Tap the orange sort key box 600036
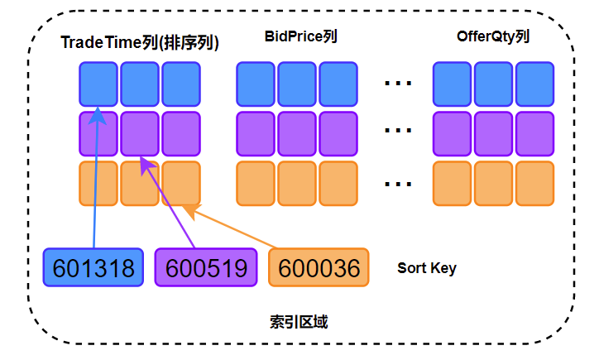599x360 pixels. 319,268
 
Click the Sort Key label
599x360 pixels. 426,268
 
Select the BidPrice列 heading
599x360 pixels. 300,37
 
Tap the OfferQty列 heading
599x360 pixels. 493,37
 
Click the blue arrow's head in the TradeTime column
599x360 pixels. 98,113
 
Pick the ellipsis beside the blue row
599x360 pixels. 399,84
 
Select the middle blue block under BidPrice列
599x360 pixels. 297,84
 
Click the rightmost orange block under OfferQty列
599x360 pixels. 534,183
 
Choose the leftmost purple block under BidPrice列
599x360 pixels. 256,132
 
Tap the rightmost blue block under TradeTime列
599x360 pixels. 181,84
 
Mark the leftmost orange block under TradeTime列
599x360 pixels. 98,183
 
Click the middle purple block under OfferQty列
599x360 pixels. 493,132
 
